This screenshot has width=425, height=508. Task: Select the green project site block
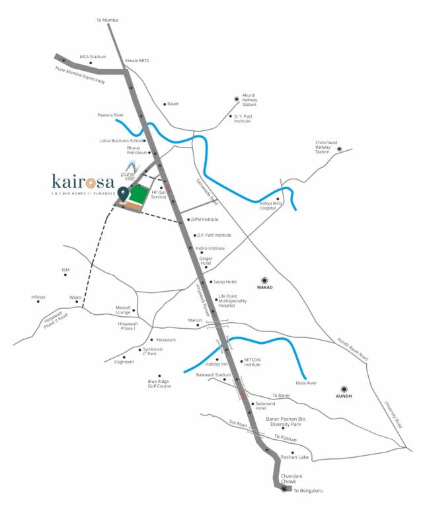(139, 194)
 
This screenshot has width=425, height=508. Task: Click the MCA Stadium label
(93, 57)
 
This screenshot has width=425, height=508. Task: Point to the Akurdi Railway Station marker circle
(236, 99)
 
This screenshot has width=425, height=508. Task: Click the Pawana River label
(110, 115)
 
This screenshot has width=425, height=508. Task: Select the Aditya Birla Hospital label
(268, 206)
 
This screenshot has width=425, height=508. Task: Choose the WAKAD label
(265, 288)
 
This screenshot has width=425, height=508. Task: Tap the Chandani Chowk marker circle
(284, 490)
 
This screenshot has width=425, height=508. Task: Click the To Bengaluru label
(308, 491)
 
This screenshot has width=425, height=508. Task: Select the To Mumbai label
(108, 21)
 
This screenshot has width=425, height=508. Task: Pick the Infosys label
(38, 297)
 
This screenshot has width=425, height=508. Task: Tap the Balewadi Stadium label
(213, 374)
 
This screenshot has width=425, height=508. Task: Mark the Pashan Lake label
(295, 457)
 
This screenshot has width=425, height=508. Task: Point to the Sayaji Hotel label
(225, 282)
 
